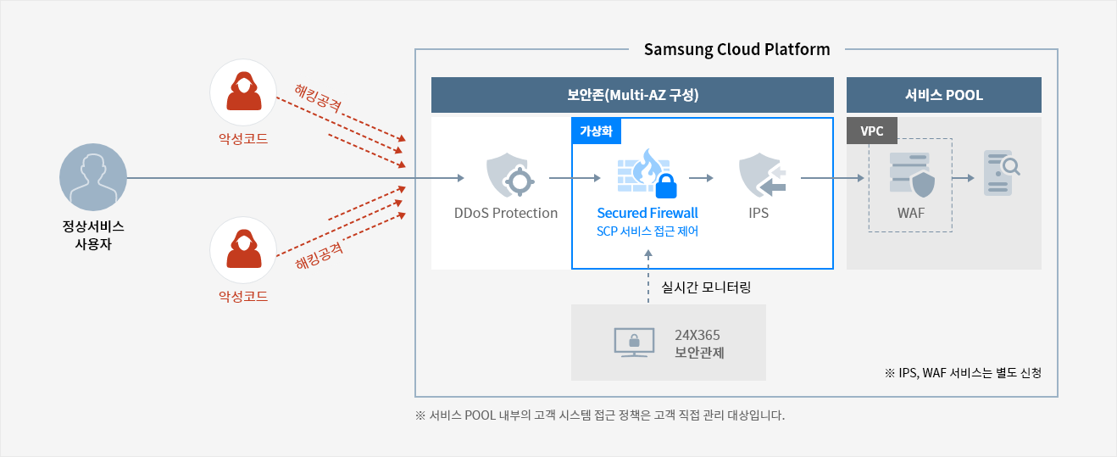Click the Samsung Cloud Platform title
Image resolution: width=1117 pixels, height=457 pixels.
(x=736, y=49)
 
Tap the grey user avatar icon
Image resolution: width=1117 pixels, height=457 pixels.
(x=93, y=177)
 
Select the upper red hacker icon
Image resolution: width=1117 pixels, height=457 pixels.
(x=243, y=92)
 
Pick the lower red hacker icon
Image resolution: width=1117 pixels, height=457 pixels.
(x=243, y=250)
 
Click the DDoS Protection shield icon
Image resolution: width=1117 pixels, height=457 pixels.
(x=510, y=176)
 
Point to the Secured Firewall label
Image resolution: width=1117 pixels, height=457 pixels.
(x=647, y=213)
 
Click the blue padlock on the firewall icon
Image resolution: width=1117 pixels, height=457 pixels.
(x=666, y=186)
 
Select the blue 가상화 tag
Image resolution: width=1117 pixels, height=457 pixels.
(x=597, y=131)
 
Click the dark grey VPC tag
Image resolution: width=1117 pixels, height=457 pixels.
(x=872, y=131)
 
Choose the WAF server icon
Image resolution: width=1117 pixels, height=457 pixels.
(x=912, y=175)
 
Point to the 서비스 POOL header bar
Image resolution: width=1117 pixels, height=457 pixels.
(x=944, y=95)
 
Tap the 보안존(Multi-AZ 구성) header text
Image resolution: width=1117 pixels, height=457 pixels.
(x=633, y=95)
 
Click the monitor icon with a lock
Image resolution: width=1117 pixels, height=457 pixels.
(x=634, y=343)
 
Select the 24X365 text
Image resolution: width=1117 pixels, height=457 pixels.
(x=697, y=335)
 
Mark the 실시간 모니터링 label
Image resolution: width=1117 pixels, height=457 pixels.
(x=706, y=287)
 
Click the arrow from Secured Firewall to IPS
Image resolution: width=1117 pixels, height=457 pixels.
(x=701, y=178)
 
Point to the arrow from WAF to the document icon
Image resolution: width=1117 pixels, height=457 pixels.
(x=963, y=178)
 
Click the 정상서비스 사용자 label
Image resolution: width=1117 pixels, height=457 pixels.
(x=93, y=235)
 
